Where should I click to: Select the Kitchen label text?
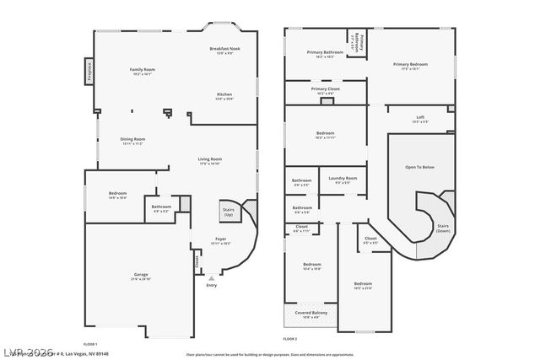coord(224,95)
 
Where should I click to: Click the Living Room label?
coord(209,160)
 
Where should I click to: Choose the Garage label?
coord(141,275)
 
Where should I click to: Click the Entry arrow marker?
coord(211,277)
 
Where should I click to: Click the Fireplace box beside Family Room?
coord(89,71)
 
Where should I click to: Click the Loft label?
coord(420,118)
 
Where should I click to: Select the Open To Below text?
coord(419,167)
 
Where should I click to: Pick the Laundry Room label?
coord(343,179)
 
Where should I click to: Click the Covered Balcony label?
coord(311,313)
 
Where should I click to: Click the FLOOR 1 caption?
coord(89,344)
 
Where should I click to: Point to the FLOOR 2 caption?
coord(290,338)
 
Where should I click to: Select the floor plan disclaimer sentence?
coord(270,354)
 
